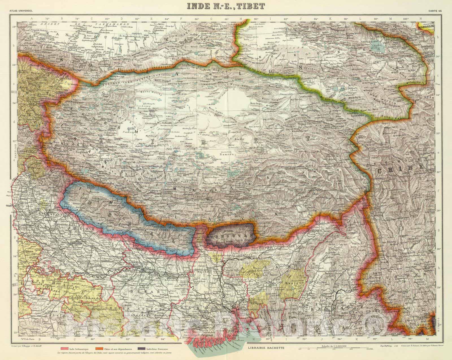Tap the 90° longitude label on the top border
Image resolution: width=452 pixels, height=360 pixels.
[x=256, y=19]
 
